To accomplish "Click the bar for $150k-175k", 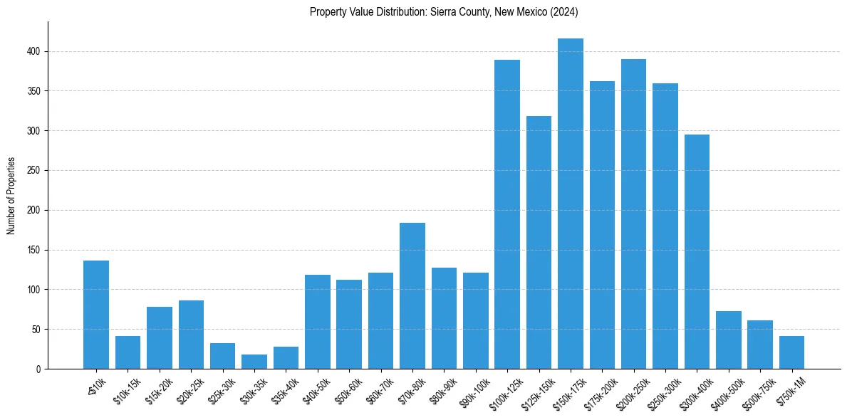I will click(570, 204).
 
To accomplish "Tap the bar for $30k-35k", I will click(254, 362).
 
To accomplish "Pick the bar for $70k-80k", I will click(412, 296).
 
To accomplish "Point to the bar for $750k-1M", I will click(791, 352).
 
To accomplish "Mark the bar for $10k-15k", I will click(128, 352).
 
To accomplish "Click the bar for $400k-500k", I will click(728, 340).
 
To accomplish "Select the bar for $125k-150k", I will click(539, 243).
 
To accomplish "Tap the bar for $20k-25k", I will click(191, 335).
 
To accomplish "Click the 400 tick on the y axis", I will click(34, 52).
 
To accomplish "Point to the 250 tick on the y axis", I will click(34, 171).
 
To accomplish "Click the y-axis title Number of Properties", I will click(11, 196).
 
